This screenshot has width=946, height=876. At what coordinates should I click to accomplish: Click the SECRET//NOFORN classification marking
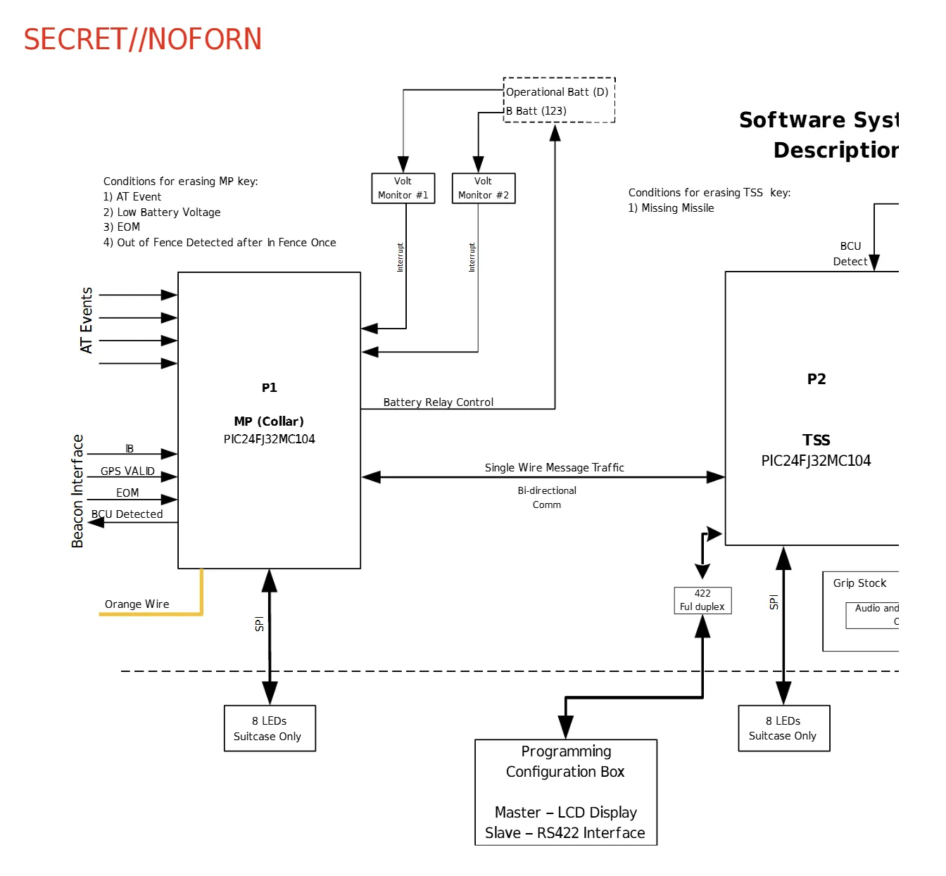[142, 39]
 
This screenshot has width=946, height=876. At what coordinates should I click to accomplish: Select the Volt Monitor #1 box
[403, 188]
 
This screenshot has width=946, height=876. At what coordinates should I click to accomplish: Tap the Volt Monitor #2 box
[483, 188]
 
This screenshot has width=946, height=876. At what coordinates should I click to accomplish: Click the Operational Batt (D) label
[557, 92]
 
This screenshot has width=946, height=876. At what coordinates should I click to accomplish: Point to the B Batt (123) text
[536, 111]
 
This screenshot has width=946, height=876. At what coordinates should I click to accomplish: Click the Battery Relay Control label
[438, 402]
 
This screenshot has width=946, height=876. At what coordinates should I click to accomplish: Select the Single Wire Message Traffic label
[554, 468]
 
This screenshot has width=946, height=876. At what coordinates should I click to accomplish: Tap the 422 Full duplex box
[702, 600]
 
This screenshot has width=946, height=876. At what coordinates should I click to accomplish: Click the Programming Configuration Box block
[565, 792]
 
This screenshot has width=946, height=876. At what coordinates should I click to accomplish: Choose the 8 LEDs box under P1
[269, 728]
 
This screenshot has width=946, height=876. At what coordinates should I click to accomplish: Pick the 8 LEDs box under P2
[783, 728]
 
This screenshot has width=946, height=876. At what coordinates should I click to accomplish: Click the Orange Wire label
[137, 604]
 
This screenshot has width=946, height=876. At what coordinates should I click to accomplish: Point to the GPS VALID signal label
[127, 471]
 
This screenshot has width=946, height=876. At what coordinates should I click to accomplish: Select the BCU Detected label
[127, 514]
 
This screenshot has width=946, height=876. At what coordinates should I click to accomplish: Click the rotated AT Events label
[86, 320]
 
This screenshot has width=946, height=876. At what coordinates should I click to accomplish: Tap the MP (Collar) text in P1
[269, 421]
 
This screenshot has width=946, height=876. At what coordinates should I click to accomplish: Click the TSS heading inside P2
[816, 440]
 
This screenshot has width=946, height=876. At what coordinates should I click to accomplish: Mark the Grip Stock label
[859, 583]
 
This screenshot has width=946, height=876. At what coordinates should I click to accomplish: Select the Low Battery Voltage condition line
[162, 212]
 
